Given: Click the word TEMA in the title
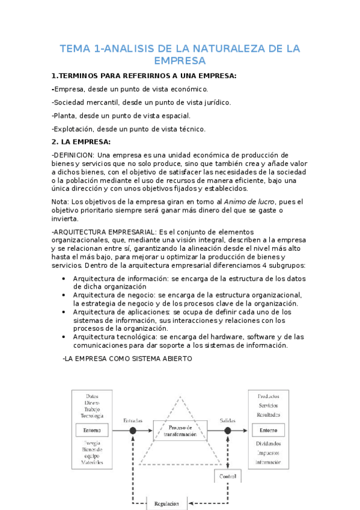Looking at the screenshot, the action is (x=75, y=49).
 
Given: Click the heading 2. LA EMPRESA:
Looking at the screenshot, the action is (x=81, y=142).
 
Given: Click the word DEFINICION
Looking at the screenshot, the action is (x=74, y=155).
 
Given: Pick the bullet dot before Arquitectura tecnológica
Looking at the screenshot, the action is (x=64, y=337).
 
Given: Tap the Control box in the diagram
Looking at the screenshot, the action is (x=228, y=476).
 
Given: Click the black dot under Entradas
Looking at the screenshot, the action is (x=133, y=431).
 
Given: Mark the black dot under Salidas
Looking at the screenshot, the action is (x=228, y=431).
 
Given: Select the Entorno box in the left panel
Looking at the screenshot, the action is (x=92, y=430).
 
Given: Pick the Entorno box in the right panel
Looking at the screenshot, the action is (x=268, y=430).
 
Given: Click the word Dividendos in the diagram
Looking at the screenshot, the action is (x=268, y=444).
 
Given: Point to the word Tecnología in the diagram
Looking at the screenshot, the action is (x=92, y=416).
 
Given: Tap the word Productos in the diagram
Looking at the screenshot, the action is (x=268, y=397).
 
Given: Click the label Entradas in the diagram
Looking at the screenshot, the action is (x=133, y=420).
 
